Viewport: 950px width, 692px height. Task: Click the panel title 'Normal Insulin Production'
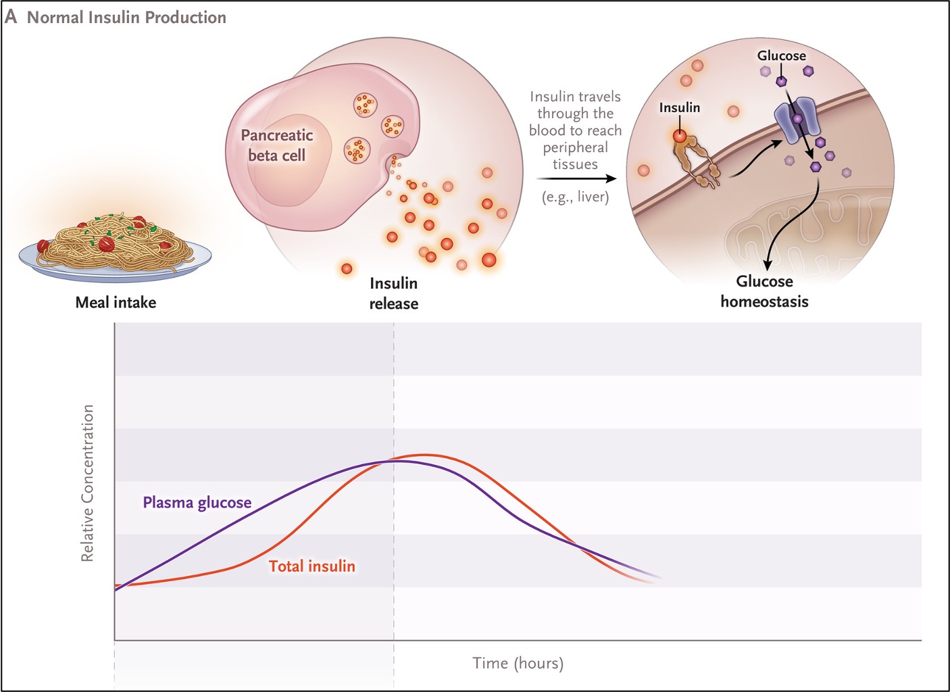coord(126,18)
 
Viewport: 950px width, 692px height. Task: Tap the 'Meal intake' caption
coord(116,302)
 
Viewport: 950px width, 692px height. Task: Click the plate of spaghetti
coord(115,247)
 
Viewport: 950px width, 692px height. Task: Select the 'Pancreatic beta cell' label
coord(276,145)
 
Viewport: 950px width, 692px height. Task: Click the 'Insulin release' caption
coord(393,293)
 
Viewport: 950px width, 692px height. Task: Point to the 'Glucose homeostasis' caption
coord(764,291)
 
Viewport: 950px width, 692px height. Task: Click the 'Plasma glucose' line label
coord(197,503)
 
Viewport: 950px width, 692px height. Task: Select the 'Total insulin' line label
coord(311,566)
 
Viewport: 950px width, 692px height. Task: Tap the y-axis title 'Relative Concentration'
coord(87,483)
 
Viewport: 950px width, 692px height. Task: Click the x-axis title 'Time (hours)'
coord(518,663)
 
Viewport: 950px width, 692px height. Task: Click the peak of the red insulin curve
coord(424,455)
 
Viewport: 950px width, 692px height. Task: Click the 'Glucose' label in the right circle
coord(781,55)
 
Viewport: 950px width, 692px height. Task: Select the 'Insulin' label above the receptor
coord(679,107)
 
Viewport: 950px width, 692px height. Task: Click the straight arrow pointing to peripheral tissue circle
coord(576,179)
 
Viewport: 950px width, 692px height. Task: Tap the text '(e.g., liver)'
coord(575,197)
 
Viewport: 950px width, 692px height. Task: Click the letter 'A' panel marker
coord(11,17)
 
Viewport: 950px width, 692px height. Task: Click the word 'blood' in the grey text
coord(548,130)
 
